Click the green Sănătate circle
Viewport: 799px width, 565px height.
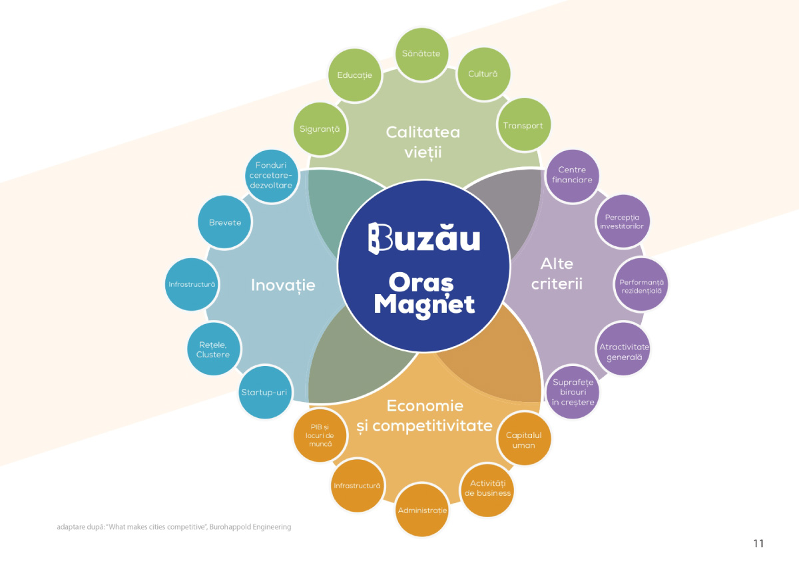pos(421,54)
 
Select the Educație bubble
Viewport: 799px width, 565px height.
pos(354,75)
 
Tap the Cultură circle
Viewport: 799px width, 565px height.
pos(483,74)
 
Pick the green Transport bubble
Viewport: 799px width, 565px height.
pos(523,126)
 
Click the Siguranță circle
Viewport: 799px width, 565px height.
pos(320,128)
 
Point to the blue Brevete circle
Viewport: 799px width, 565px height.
pos(225,222)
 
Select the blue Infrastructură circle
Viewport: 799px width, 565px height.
pos(192,285)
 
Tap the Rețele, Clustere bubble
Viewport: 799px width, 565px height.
pos(213,349)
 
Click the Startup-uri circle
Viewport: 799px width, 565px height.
pos(264,393)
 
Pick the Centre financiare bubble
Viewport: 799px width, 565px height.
pos(572,175)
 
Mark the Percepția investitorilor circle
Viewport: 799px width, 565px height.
pos(623,222)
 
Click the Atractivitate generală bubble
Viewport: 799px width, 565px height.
pos(624,351)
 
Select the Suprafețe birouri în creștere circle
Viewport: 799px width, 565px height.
pos(573,393)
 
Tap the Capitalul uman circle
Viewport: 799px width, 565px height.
pos(524,440)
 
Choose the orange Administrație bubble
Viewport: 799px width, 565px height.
pos(422,510)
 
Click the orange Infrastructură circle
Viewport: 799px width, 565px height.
pos(357,486)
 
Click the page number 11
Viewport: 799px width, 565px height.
pos(758,543)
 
